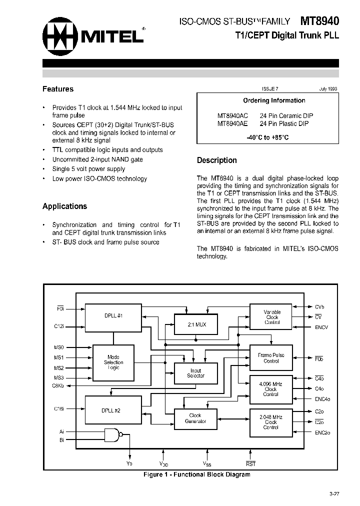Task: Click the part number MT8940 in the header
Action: (x=319, y=21)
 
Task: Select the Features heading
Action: (x=58, y=89)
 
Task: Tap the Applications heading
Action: (x=64, y=206)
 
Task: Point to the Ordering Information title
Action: (x=274, y=100)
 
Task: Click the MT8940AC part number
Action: (x=233, y=115)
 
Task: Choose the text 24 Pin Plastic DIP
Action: (x=284, y=123)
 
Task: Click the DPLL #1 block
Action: (x=113, y=316)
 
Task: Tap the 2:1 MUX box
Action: (x=196, y=324)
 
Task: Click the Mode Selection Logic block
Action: (x=113, y=362)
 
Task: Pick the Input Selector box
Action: (x=195, y=373)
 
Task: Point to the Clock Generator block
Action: (x=195, y=418)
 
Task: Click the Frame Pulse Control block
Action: (x=270, y=358)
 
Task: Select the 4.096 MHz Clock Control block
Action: (x=270, y=388)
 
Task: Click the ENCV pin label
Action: (x=321, y=327)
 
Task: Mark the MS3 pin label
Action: (x=58, y=377)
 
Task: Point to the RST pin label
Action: (x=250, y=464)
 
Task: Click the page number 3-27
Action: (x=334, y=494)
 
